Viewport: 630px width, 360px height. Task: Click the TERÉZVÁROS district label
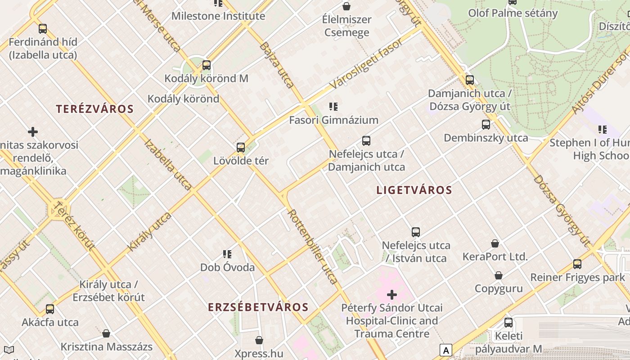(95, 109)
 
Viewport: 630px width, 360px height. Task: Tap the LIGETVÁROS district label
(414, 190)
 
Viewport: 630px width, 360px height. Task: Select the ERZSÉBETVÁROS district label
(258, 307)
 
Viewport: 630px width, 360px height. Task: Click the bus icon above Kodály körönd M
(207, 65)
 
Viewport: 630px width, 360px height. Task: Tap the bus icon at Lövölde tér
(241, 147)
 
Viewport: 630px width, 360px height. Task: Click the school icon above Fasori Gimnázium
(333, 107)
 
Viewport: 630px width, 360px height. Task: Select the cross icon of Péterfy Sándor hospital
(392, 295)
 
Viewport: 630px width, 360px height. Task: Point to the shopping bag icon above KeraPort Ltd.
(495, 243)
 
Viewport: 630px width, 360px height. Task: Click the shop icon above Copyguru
(499, 275)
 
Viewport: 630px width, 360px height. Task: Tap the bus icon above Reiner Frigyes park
(577, 264)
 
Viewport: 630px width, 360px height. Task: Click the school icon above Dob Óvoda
(227, 254)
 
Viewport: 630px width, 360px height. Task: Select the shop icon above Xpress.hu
(259, 340)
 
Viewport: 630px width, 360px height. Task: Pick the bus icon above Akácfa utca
(50, 309)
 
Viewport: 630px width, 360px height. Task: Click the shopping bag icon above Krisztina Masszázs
(106, 333)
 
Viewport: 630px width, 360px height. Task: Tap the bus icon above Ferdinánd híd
(43, 29)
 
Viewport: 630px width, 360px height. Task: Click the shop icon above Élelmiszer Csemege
(346, 6)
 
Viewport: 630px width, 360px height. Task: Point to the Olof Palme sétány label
(513, 13)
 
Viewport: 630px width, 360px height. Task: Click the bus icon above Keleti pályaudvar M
(508, 323)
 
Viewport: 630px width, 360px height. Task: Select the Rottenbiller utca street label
(313, 247)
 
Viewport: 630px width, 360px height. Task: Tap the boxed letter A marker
(445, 350)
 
